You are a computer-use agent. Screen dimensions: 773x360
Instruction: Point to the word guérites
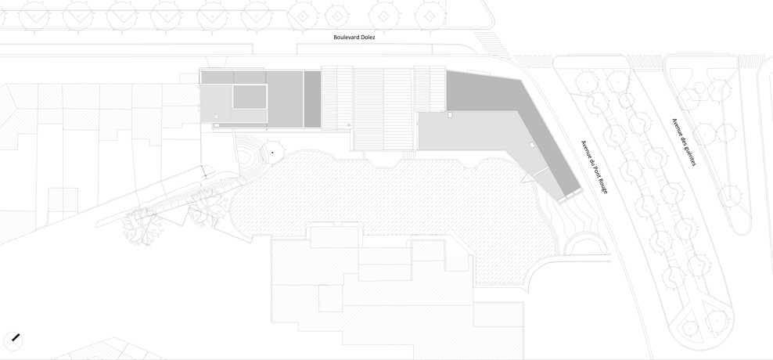pos(688,153)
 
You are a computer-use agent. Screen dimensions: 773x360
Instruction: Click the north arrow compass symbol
pos(13,340)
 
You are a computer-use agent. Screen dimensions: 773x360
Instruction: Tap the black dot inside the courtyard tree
pos(272,153)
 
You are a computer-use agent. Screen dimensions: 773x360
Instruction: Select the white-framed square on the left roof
pos(250,97)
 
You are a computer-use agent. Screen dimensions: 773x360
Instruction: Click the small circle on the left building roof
pos(217,117)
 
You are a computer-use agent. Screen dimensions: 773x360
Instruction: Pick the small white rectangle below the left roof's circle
pos(217,125)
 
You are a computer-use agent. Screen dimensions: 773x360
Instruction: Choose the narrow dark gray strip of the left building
pos(312,99)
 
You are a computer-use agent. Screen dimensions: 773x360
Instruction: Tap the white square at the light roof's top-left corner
pos(450,115)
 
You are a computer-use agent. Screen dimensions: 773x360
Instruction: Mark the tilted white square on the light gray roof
pos(531,145)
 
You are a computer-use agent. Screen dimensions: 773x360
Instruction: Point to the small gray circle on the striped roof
pos(349,125)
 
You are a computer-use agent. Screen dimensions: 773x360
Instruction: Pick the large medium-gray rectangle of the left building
pos(285,99)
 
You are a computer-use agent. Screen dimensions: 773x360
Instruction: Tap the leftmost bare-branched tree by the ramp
pos(142,228)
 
